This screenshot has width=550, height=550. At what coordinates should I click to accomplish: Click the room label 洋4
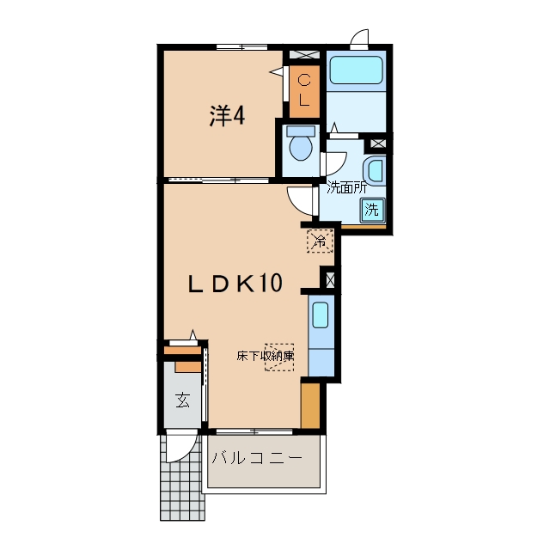(227, 116)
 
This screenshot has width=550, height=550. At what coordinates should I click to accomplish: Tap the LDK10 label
(235, 284)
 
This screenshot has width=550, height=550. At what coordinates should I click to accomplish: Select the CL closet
(304, 91)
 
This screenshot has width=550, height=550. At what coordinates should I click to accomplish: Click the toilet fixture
(301, 143)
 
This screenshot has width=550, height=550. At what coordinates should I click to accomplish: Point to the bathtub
(356, 70)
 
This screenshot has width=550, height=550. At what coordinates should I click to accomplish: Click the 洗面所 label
(346, 188)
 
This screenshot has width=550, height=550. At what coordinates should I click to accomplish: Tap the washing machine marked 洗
(372, 210)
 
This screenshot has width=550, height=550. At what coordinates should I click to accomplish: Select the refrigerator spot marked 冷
(320, 241)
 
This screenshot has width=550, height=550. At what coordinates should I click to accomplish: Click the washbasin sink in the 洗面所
(375, 170)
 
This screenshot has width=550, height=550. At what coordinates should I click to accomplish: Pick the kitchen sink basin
(321, 315)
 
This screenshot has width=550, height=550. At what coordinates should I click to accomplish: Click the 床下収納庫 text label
(266, 357)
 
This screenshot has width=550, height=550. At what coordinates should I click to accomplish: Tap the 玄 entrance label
(183, 400)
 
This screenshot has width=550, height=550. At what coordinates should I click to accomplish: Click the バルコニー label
(257, 458)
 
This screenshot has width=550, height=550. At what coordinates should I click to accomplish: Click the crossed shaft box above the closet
(304, 55)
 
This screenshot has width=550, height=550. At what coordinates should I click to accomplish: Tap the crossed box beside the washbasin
(377, 144)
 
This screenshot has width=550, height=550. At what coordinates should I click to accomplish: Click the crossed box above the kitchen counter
(330, 280)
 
